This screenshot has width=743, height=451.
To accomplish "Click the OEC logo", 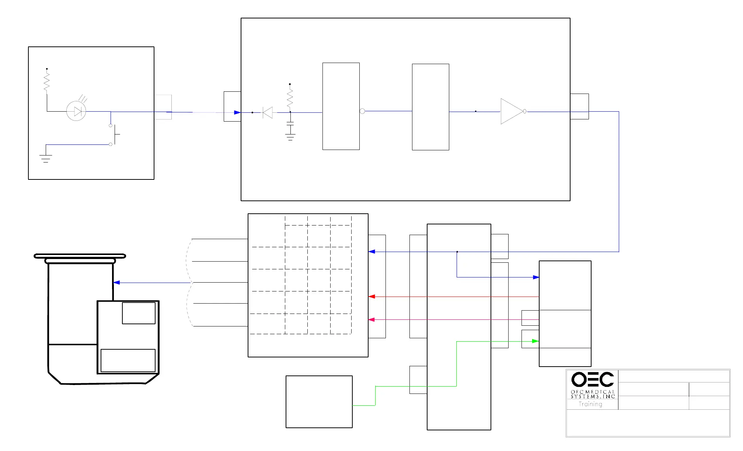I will [592, 379].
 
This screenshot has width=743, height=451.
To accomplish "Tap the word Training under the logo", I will [590, 404].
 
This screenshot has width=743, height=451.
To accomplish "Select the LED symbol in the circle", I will [76, 111].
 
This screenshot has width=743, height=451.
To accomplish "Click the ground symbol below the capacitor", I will [290, 138].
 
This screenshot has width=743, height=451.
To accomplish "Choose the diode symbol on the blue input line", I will [268, 112].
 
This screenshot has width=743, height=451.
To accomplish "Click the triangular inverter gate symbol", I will [511, 111].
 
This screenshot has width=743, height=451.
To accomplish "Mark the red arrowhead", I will [371, 297].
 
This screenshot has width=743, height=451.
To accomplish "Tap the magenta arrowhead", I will [371, 319].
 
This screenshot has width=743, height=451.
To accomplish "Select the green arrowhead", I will [536, 341].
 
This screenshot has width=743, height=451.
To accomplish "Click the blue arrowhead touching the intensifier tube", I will [116, 283].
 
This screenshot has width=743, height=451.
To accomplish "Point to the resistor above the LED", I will [47, 82].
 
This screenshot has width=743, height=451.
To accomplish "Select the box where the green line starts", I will [319, 402].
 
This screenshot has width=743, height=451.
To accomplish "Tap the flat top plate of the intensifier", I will [80, 256].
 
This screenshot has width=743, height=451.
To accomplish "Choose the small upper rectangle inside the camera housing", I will [139, 313].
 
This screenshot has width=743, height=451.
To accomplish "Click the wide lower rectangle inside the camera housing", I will [128, 360].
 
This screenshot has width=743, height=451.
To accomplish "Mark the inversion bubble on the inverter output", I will [525, 111].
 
